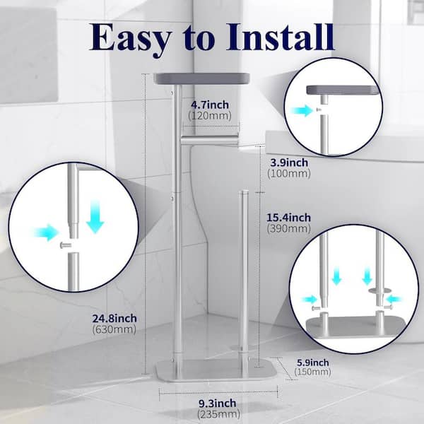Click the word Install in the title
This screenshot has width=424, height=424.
tap(280, 37)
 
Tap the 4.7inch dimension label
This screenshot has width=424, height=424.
tap(210, 105)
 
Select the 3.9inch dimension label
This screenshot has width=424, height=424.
tap(289, 163)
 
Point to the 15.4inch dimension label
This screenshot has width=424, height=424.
tap(289, 218)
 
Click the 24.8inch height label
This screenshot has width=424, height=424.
tap(114, 318)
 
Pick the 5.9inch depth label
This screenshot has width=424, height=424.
tap(313, 363)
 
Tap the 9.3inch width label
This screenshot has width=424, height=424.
tap(218, 404)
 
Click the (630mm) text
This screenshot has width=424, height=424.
tap(114, 329)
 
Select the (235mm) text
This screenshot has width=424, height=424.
tap(219, 414)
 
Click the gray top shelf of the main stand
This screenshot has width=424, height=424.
tap(201, 78)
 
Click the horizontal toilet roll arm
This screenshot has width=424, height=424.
tap(209, 139)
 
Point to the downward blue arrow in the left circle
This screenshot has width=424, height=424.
tap(95, 216)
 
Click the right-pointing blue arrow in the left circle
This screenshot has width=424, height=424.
tap(46, 232)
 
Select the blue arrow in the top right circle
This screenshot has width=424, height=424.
tap(302, 110)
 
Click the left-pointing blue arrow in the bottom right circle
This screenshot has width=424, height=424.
tap(394, 299)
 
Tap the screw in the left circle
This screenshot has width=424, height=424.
tap(66, 245)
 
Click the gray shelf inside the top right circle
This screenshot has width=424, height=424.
tap(343, 90)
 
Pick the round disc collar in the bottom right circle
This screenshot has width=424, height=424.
tap(379, 290)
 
